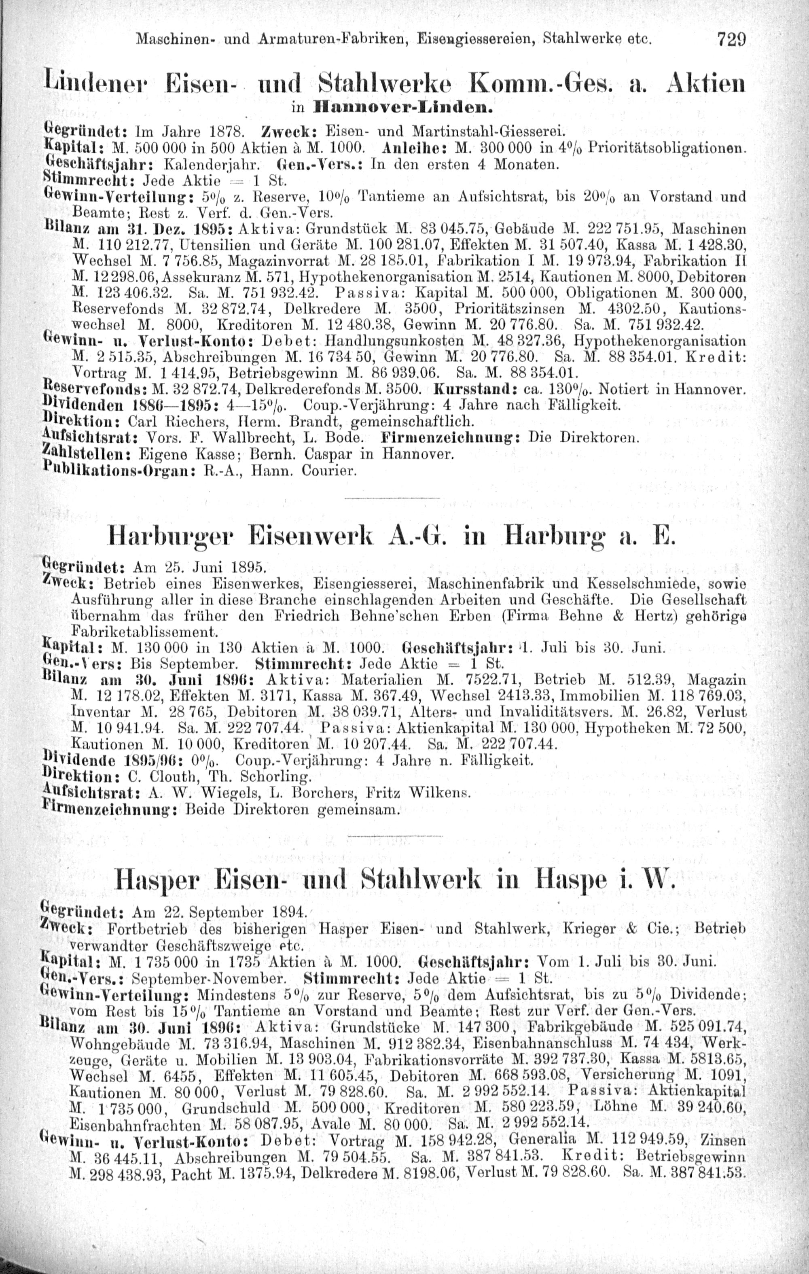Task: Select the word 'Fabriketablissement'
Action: point(143,631)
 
